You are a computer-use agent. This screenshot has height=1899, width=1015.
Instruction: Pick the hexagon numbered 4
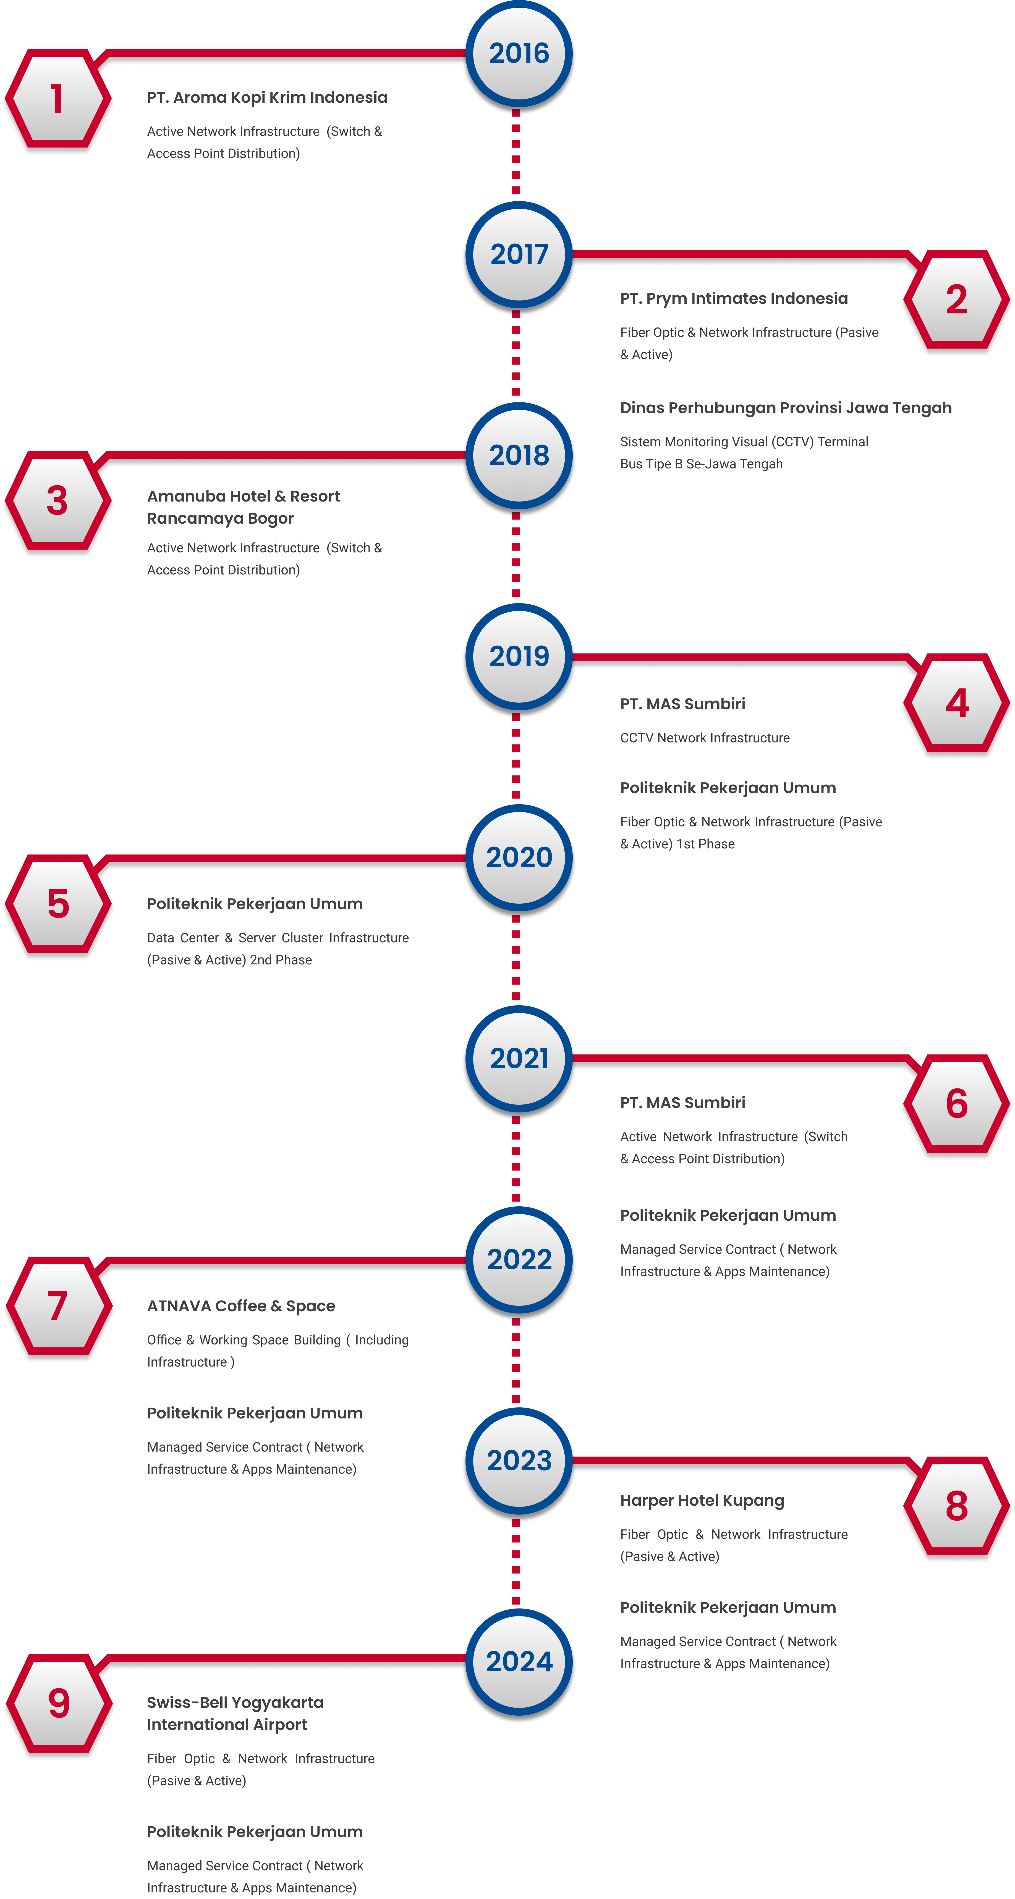[957, 703]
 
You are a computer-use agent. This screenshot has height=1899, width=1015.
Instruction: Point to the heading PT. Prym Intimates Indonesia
[734, 299]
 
